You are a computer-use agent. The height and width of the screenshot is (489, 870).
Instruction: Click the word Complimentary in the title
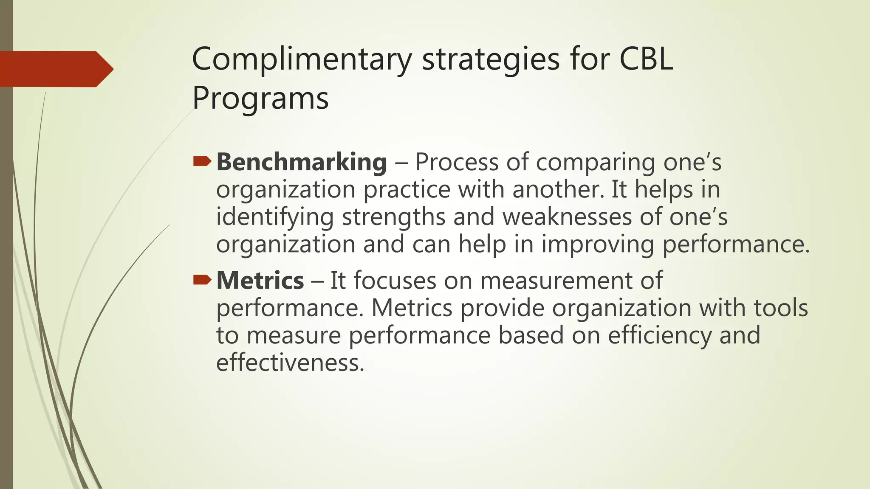pos(302,59)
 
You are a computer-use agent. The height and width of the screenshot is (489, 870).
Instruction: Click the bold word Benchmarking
pos(302,163)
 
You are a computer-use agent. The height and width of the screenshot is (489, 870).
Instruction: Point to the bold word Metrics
pos(260,281)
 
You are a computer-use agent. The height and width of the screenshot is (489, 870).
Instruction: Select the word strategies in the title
pos(491,59)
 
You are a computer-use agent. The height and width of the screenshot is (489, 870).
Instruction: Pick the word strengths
pos(393,217)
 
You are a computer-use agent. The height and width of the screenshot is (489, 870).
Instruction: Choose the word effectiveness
pos(290,363)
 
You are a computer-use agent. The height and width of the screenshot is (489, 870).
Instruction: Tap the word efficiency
pos(659,335)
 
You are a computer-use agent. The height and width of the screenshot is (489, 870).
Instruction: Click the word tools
pos(781,308)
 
